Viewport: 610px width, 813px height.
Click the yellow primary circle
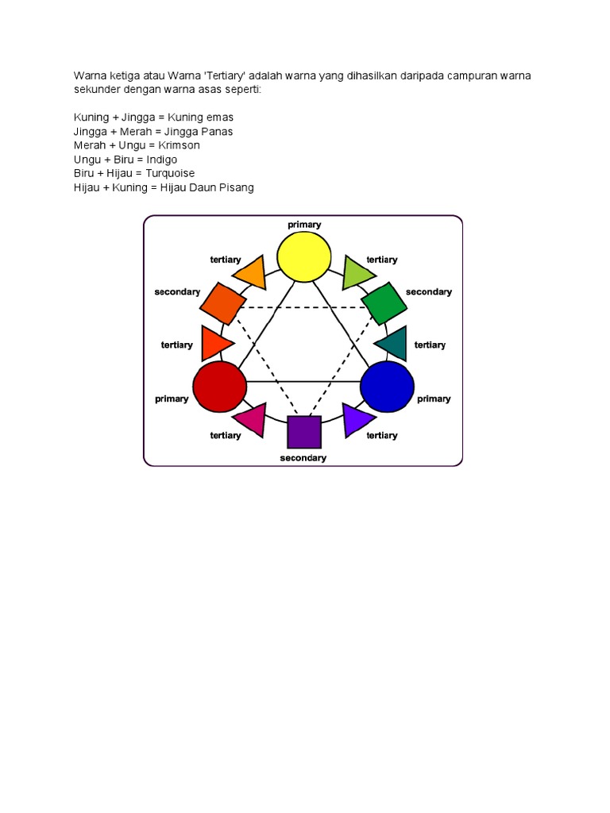tap(304, 256)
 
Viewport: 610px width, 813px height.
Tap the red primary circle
tap(220, 387)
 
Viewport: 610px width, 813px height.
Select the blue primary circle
tap(388, 387)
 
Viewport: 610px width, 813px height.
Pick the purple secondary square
tap(304, 432)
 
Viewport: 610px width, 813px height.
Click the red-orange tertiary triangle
tap(214, 344)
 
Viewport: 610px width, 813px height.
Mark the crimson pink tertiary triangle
tap(251, 418)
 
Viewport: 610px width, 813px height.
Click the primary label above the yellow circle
tap(304, 225)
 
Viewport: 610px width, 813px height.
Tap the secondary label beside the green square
tap(428, 292)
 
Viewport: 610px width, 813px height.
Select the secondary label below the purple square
tap(303, 458)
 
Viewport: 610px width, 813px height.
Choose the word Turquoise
tap(169, 173)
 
